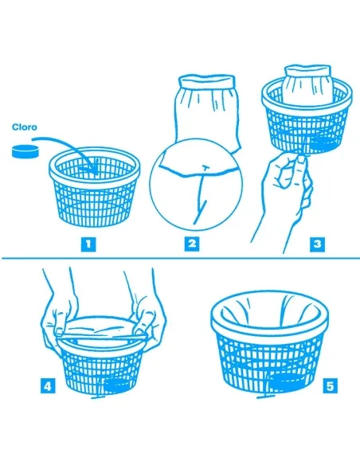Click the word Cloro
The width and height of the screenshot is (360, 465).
(29, 126)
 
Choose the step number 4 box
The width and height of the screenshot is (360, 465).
(49, 387)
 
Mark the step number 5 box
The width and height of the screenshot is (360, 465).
(330, 387)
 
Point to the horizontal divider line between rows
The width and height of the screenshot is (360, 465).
(180, 257)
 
